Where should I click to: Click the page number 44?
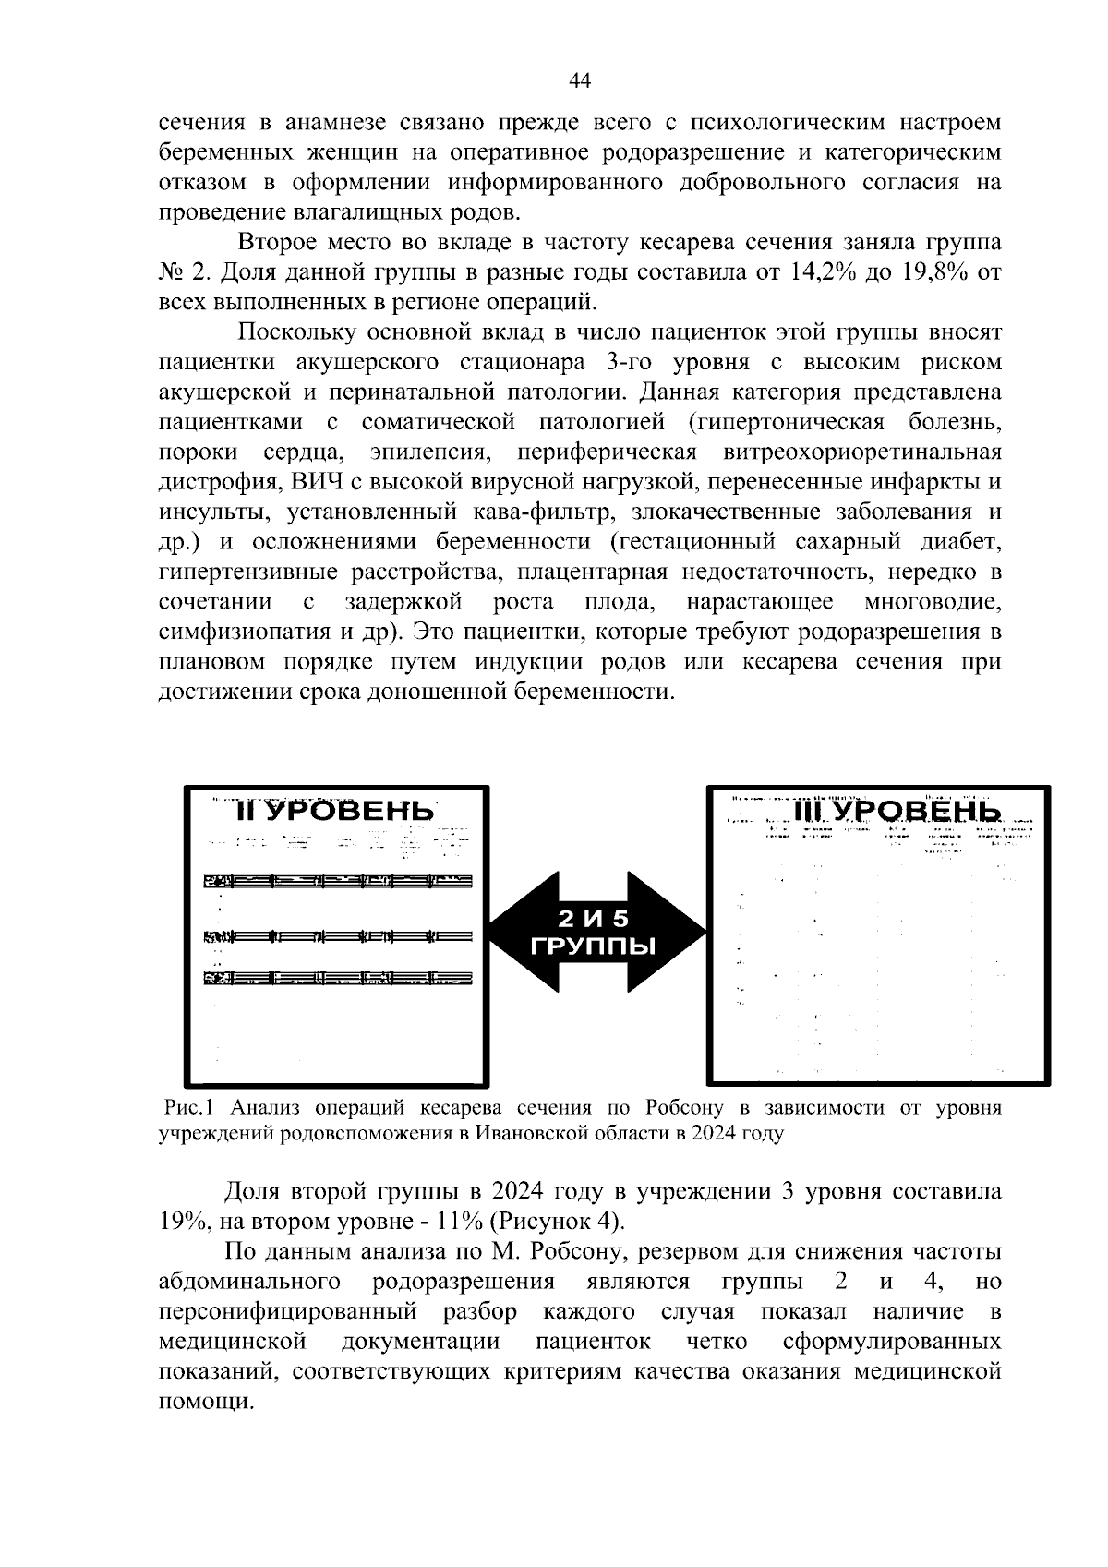(x=580, y=80)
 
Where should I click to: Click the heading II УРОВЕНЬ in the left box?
(x=334, y=811)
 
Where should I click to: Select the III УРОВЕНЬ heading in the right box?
(x=896, y=811)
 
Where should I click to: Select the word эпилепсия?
(x=429, y=452)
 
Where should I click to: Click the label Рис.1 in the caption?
(x=189, y=1107)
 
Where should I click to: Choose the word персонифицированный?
(x=287, y=1311)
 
